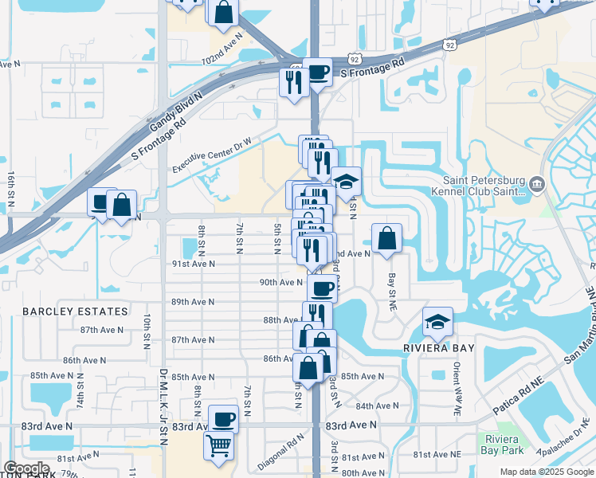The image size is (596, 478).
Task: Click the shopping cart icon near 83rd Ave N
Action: pos(219,446)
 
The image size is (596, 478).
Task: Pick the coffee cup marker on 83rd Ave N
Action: pos(223,418)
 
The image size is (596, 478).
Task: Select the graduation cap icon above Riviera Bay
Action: pos(437,322)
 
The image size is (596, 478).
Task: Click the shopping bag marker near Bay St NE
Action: pos(386,237)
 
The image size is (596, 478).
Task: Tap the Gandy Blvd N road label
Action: pos(176,110)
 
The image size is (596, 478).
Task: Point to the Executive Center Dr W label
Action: pos(213,155)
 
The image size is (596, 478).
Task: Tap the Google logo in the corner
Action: pos(25,468)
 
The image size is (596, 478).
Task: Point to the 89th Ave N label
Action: pos(193,302)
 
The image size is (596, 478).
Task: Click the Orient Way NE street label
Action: pos(457,391)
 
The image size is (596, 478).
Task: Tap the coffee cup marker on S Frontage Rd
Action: pos(317,72)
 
